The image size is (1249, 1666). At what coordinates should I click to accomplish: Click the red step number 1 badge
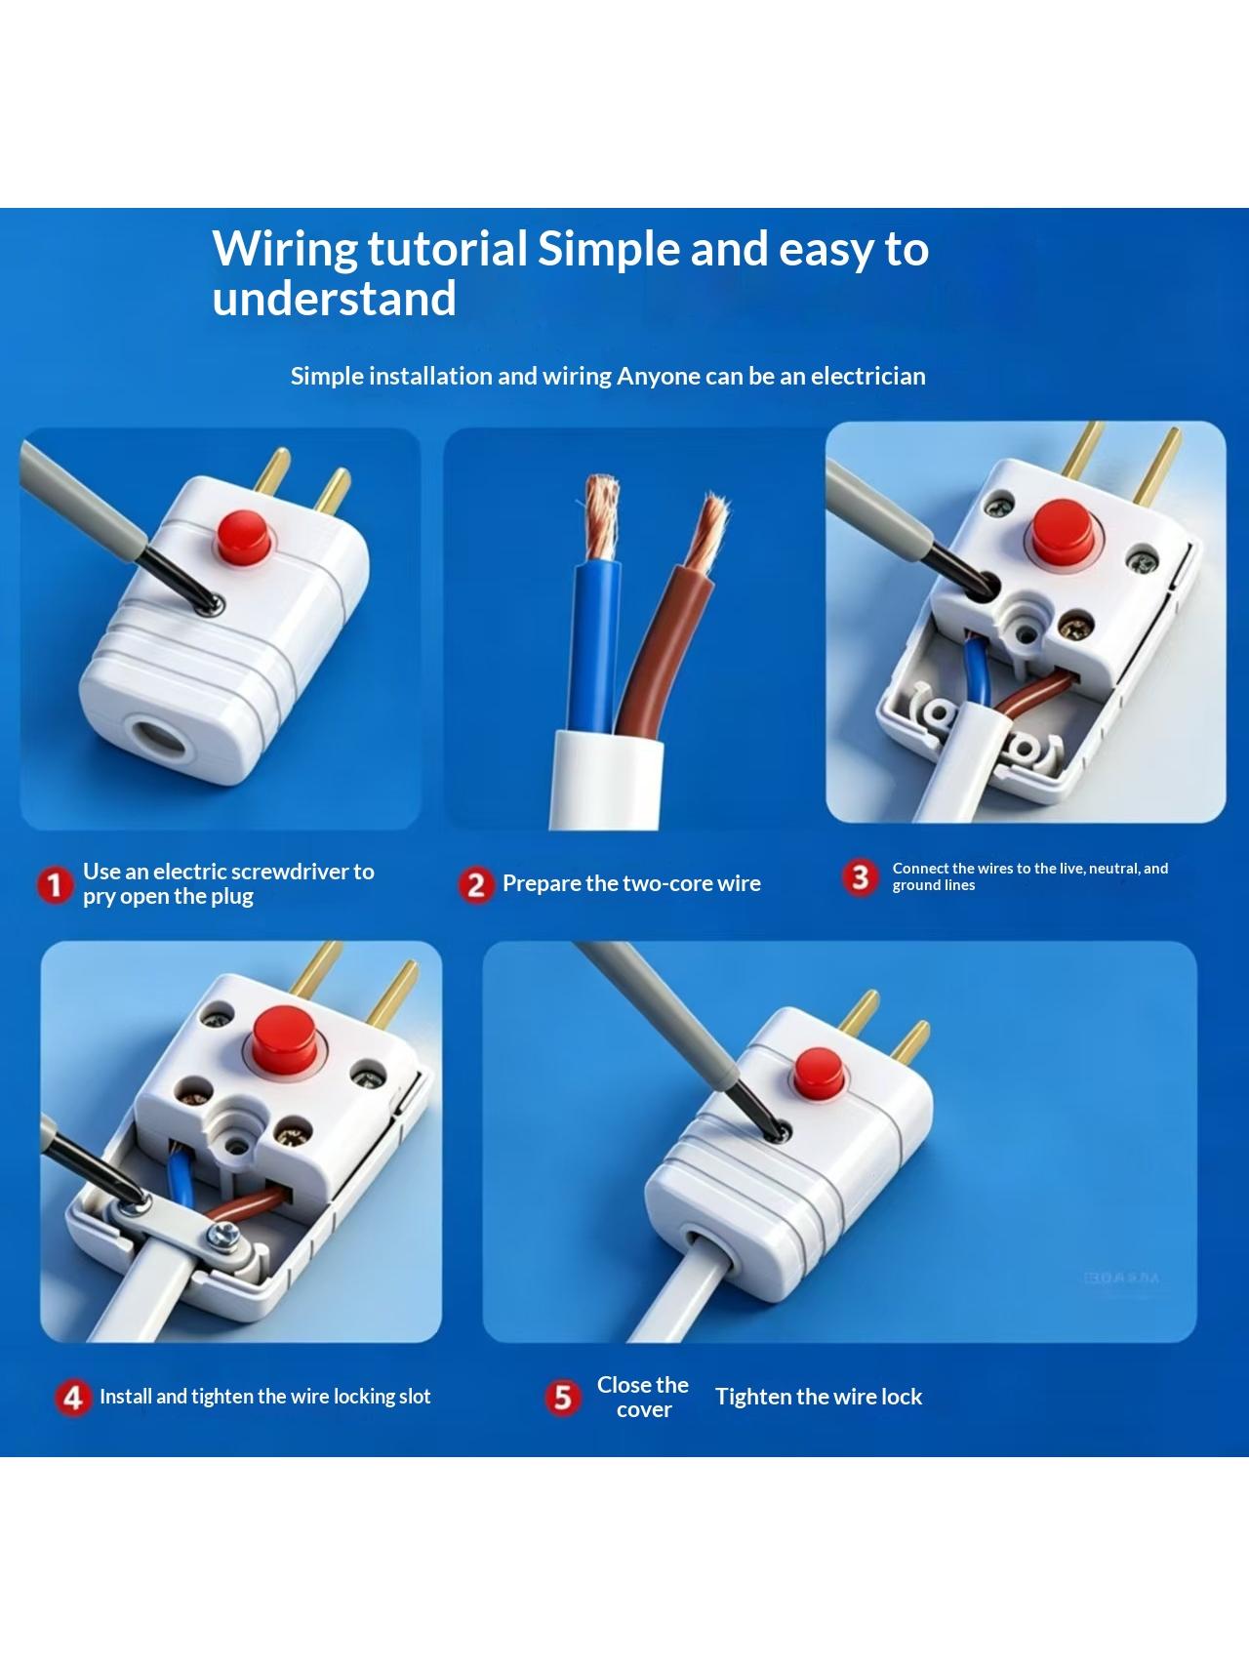pos(56,885)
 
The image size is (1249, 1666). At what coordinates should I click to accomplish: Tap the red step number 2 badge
pos(476,885)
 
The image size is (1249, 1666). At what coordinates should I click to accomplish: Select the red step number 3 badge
pos(860,877)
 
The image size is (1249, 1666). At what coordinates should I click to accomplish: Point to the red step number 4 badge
pos(73,1398)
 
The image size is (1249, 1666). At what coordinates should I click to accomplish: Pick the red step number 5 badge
pos(562,1398)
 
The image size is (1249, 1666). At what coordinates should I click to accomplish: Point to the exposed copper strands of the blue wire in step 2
pos(600,517)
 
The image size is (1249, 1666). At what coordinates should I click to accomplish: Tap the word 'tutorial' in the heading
pos(447,249)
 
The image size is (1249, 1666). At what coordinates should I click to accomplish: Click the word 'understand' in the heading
pos(335,299)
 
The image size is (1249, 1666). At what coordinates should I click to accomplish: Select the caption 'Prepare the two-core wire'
pos(631,884)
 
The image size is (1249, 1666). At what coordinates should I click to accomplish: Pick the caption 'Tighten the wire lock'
pos(819,1398)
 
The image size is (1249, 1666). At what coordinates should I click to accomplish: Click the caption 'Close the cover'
pos(643,1398)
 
